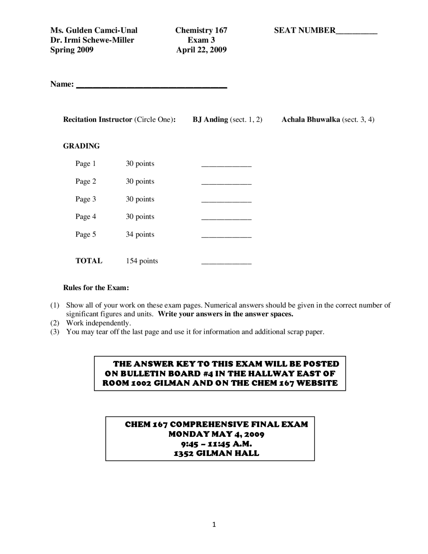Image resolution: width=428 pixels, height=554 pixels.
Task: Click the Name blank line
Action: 152,87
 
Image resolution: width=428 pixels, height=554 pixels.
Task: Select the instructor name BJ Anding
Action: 210,119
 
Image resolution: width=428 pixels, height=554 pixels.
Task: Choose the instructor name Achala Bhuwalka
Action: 311,119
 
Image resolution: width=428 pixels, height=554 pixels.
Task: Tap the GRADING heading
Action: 81,146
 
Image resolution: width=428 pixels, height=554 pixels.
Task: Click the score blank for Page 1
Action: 226,166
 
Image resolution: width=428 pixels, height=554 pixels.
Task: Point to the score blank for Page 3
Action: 226,201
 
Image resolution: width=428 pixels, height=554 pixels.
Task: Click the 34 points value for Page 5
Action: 140,234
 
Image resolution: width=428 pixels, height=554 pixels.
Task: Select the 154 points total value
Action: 142,261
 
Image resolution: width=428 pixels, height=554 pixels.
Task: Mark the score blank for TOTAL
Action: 226,263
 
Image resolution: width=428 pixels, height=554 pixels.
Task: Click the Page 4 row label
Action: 86,216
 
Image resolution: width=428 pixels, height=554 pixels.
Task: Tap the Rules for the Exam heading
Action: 96,288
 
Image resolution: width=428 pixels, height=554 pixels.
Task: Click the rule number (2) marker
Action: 55,323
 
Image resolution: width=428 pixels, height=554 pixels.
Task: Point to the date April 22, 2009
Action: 201,50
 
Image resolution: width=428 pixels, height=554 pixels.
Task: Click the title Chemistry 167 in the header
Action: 201,30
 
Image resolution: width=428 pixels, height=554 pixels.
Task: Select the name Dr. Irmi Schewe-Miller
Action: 92,40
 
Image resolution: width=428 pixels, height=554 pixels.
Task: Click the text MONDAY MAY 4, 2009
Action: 216,434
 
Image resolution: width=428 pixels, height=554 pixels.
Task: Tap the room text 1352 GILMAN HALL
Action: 216,453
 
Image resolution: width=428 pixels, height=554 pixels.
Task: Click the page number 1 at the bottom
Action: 214,525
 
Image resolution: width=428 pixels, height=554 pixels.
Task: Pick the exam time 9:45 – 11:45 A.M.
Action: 216,444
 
